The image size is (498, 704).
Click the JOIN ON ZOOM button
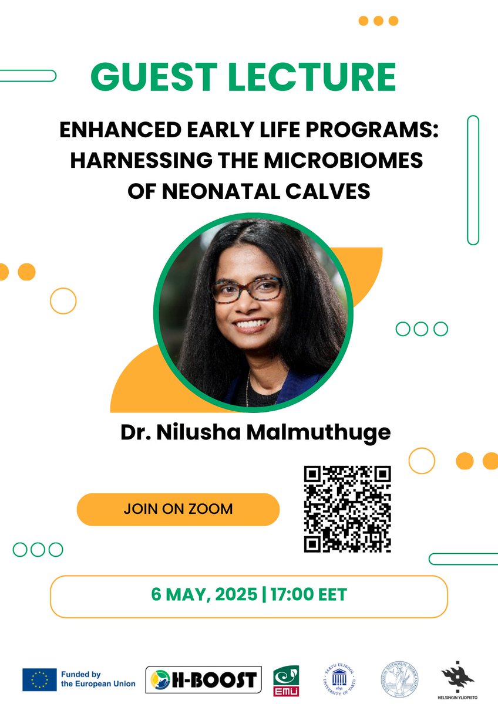(x=178, y=509)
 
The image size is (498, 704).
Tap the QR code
(x=348, y=509)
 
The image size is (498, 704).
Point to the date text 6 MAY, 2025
(x=204, y=595)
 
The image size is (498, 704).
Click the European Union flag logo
(x=39, y=679)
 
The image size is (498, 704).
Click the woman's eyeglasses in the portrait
(x=247, y=289)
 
